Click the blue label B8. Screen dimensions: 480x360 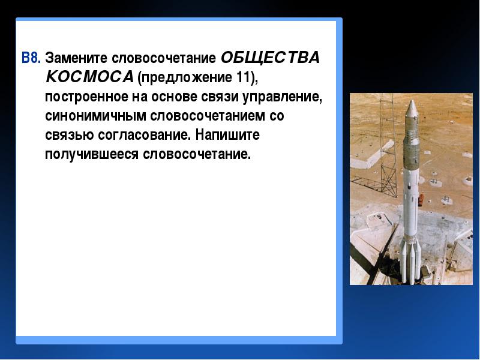(31, 58)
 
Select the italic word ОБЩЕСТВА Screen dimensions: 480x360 (270, 58)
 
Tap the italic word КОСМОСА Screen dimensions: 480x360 (89, 77)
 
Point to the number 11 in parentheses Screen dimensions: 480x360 (243, 77)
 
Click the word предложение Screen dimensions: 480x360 (187, 78)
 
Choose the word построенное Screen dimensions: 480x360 (86, 97)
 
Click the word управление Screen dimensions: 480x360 (282, 97)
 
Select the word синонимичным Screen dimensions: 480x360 (95, 116)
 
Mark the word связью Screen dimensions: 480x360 (70, 135)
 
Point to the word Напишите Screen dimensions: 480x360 (227, 134)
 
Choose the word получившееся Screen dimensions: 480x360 (92, 155)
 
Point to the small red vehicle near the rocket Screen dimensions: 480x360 (421, 199)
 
